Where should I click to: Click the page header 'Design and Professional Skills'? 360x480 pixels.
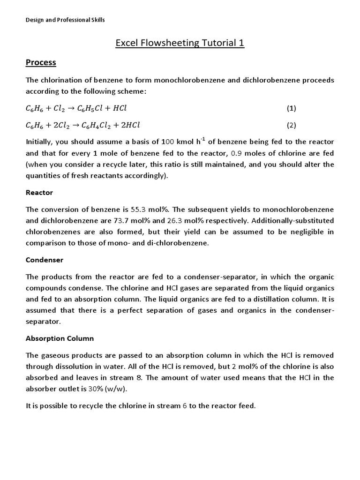65,20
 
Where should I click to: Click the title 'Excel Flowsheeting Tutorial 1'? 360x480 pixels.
180,44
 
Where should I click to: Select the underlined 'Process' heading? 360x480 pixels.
41,62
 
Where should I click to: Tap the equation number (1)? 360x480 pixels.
292,108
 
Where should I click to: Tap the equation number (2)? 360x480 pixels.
292,125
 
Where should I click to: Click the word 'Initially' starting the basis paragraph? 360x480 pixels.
39,142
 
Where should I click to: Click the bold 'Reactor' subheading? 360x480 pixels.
39,193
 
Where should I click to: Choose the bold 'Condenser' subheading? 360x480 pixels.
45,260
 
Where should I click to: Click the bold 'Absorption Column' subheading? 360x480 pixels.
60,338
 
